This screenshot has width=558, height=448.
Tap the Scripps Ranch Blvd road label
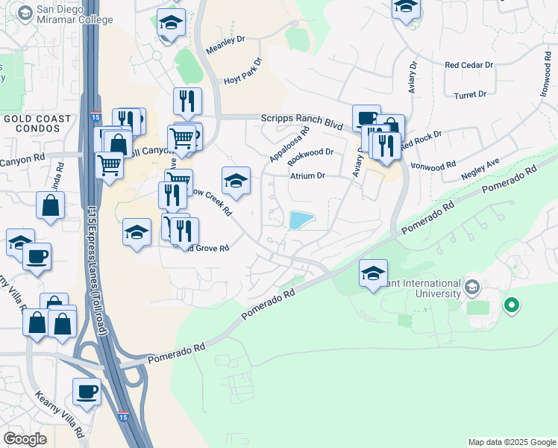click(x=301, y=121)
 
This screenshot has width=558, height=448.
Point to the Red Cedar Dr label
click(x=469, y=66)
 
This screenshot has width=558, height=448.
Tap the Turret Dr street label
click(x=470, y=95)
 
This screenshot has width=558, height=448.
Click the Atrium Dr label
click(x=308, y=176)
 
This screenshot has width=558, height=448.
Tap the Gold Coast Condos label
click(x=37, y=123)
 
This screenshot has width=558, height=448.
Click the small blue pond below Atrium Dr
click(x=301, y=220)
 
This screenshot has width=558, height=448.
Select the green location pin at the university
click(x=511, y=305)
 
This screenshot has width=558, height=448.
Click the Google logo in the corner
click(x=25, y=439)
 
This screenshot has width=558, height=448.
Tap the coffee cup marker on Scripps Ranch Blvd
click(x=366, y=118)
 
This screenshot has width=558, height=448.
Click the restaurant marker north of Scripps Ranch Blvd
click(x=186, y=102)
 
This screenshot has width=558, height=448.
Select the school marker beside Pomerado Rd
click(x=373, y=273)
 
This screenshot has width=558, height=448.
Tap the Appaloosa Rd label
click(x=289, y=147)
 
